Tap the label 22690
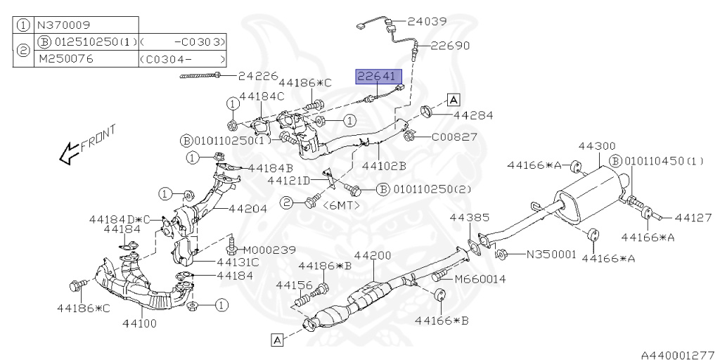point(450,46)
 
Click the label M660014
point(480,279)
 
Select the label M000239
point(269,250)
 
